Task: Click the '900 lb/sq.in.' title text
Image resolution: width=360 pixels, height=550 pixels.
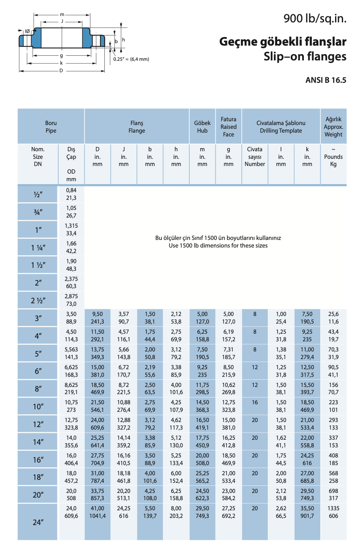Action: coord(315,19)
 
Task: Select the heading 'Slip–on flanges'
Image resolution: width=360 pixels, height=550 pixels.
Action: coord(305,57)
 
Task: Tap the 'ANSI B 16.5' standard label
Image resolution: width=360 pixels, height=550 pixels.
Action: coord(326,80)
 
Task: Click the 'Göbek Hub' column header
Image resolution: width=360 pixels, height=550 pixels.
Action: coord(202,127)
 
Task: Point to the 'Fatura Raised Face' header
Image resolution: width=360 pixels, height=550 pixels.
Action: coord(229,127)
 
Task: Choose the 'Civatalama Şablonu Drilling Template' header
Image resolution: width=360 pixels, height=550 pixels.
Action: coord(281,127)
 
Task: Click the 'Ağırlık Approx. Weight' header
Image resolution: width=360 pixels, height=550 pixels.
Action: coord(333,127)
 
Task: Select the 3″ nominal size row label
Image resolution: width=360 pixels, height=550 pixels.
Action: coord(38,318)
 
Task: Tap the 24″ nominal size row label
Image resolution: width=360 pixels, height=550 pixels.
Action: coord(38,522)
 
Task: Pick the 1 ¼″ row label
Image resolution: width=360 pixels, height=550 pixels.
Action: coord(38,248)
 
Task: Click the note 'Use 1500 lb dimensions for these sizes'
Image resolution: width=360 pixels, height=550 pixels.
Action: coord(215,245)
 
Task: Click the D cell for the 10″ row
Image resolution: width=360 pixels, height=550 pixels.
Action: coord(98,406)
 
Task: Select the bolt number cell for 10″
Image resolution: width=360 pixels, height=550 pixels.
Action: coord(255,403)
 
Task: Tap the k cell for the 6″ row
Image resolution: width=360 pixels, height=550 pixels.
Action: coord(307,371)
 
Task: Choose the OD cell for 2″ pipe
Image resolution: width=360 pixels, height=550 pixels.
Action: coord(71,283)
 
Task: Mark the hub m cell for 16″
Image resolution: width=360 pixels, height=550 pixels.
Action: coord(202,460)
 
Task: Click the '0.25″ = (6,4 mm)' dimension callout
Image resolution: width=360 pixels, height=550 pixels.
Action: coord(131,59)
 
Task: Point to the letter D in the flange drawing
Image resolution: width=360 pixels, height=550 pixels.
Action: coord(61,71)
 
